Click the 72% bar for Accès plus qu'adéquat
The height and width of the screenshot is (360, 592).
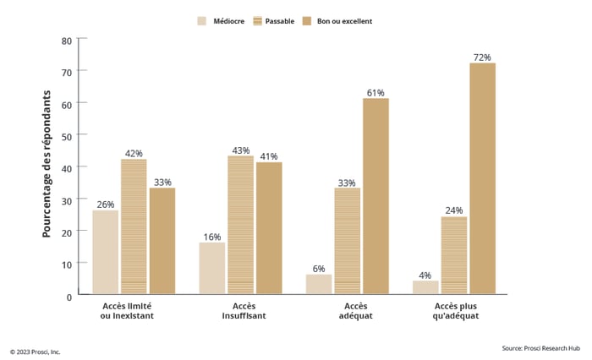click(482, 178)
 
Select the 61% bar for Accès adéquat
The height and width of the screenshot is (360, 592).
click(375, 196)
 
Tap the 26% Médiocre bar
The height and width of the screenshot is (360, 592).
click(105, 252)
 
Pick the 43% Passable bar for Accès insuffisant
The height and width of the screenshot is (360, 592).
click(240, 225)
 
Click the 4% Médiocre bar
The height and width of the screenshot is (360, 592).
click(425, 287)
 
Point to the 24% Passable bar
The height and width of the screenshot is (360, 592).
click(454, 255)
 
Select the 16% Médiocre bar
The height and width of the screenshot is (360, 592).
click(211, 268)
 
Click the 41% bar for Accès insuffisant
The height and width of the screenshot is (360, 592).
click(269, 228)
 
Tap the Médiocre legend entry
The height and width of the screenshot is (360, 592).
click(218, 21)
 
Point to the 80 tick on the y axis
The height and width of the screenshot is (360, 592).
click(67, 40)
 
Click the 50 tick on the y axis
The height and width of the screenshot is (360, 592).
click(67, 135)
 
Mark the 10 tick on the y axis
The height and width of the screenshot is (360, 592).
click(67, 263)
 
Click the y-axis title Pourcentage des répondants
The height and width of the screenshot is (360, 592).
click(47, 165)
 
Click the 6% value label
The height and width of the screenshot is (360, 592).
click(319, 268)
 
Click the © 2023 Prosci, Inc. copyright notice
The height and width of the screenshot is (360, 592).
click(36, 352)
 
